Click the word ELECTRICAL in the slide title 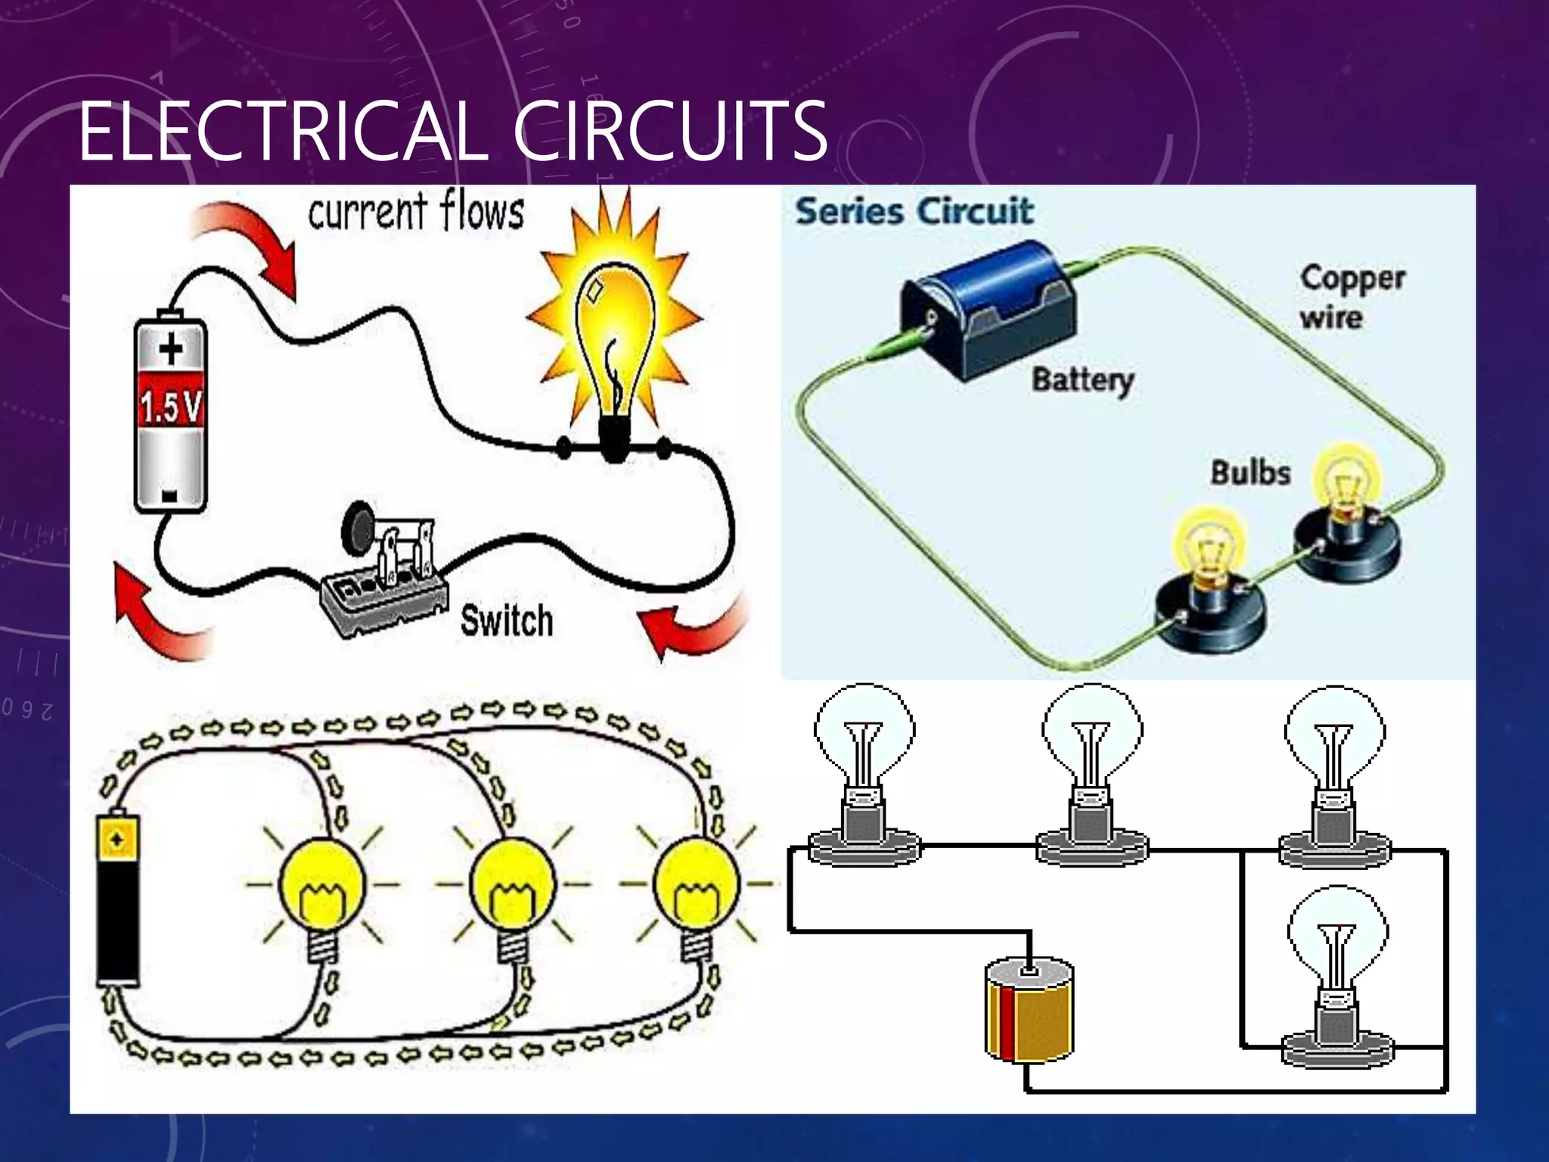coord(280,132)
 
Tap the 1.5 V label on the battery coord(170,408)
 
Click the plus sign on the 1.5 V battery coord(171,350)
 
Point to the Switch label coord(507,621)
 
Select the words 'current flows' coord(416,212)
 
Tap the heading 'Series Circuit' coord(914,211)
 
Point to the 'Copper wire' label coord(1352,297)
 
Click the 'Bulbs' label coord(1250,473)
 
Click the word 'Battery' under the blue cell coord(1082,379)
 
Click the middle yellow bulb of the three coord(513,885)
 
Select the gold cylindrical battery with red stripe coord(1029,1010)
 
